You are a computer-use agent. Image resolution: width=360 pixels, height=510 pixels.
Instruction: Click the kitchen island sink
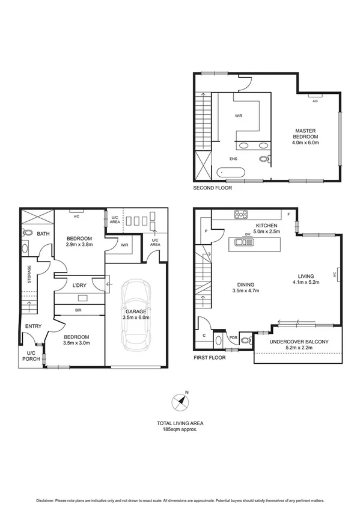(x=245, y=242)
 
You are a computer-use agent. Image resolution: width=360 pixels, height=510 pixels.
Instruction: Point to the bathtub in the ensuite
(x=231, y=173)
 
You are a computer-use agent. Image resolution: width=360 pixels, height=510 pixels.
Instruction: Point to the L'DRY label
(x=80, y=284)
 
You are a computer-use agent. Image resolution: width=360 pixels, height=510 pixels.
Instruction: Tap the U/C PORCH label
(x=31, y=356)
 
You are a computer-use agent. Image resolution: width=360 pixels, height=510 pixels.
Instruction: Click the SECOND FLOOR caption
(x=212, y=188)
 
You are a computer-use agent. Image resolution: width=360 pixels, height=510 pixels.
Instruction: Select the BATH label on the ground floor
(x=43, y=233)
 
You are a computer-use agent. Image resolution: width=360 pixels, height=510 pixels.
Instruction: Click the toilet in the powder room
(x=244, y=341)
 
